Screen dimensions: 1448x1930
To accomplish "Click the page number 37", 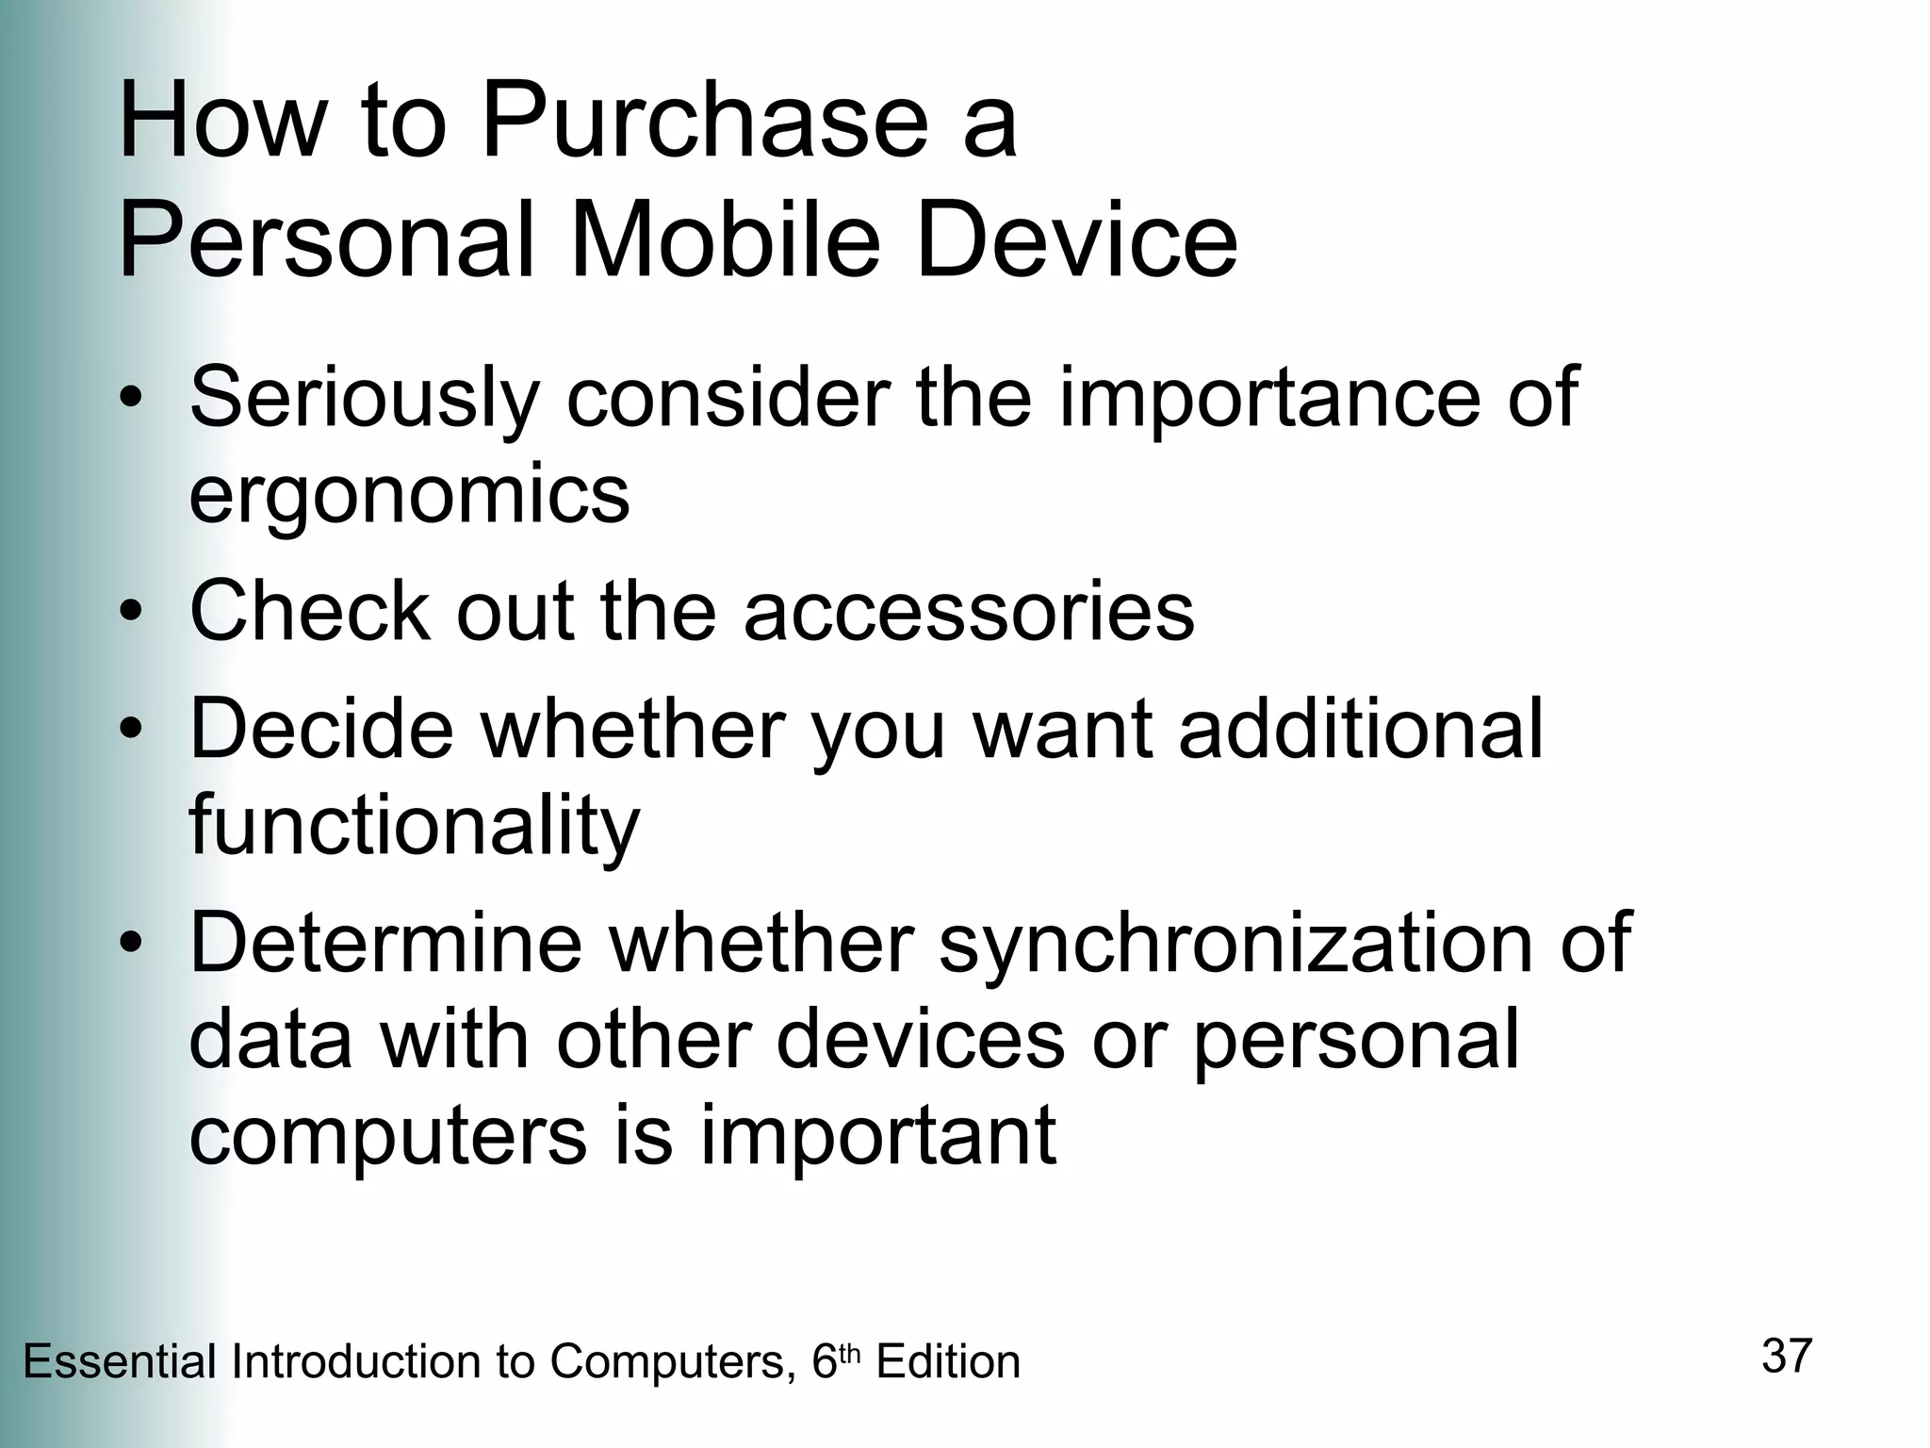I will tap(1787, 1356).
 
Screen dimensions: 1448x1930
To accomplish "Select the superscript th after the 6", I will tap(850, 1354).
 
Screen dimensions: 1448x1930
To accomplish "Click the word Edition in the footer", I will tap(948, 1363).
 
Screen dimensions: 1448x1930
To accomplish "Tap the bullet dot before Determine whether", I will tap(132, 944).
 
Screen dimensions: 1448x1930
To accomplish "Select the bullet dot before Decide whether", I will tap(132, 730).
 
